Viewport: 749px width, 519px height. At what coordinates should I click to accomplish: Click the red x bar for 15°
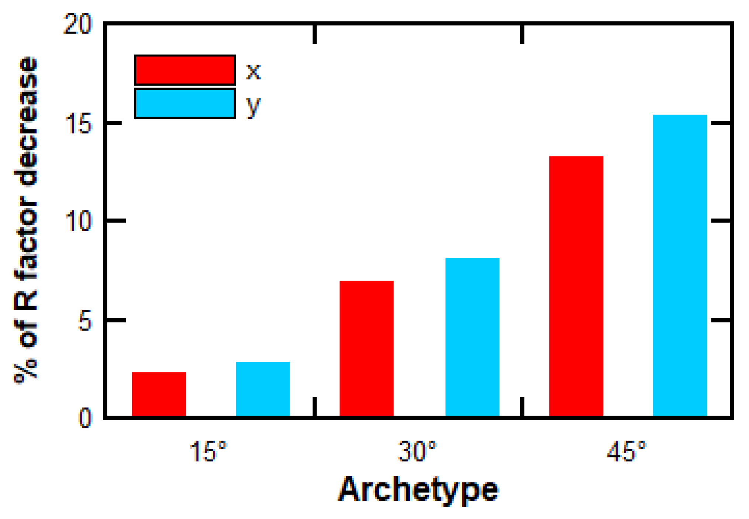tap(159, 394)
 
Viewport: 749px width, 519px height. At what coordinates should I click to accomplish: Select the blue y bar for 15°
tap(263, 389)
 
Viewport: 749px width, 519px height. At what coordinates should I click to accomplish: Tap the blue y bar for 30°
tap(472, 337)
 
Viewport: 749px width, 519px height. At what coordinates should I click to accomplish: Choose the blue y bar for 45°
tap(680, 265)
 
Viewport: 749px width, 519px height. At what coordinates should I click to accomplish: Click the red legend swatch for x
tap(185, 70)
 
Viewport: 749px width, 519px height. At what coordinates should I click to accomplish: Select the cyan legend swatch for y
tap(185, 103)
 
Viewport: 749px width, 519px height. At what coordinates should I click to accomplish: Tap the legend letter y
tap(253, 106)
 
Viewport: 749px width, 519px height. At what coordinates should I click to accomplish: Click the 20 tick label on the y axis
tap(77, 25)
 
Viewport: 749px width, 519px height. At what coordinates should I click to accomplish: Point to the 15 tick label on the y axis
tap(78, 124)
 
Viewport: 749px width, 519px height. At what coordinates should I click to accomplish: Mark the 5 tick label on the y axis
tap(85, 320)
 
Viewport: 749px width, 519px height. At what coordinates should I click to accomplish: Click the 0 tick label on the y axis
tap(85, 418)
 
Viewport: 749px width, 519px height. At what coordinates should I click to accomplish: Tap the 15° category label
tap(207, 451)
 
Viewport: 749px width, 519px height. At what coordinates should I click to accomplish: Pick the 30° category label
tap(417, 451)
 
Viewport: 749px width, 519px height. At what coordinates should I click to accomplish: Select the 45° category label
tap(627, 451)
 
